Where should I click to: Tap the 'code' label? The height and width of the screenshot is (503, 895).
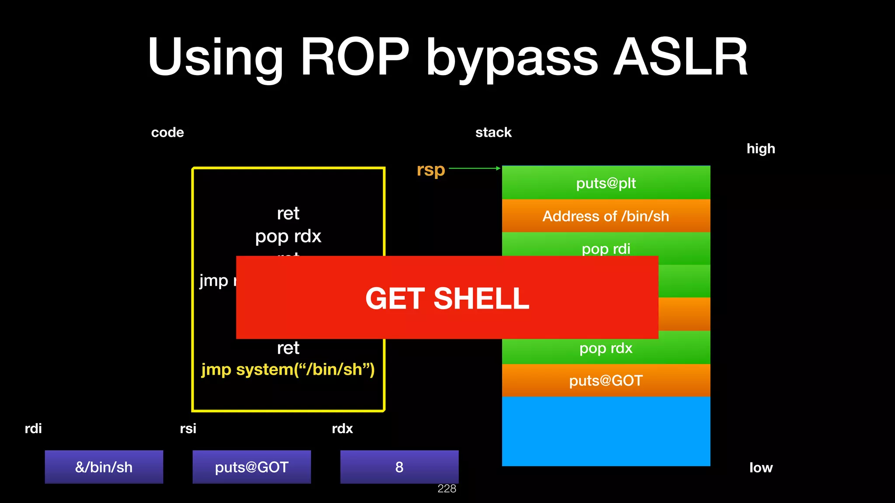click(x=167, y=133)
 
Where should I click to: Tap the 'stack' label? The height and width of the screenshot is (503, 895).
click(x=493, y=133)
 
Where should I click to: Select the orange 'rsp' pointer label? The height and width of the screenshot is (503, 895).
click(x=430, y=170)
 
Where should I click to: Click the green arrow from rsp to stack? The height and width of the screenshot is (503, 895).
click(x=474, y=168)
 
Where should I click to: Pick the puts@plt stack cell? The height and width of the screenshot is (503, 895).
click(x=606, y=183)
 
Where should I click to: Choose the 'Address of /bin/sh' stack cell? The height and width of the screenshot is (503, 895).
click(x=606, y=216)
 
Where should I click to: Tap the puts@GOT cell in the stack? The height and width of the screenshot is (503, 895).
click(x=606, y=381)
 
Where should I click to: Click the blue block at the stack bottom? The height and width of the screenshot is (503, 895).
click(x=606, y=431)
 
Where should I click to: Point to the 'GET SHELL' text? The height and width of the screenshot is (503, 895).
click(x=447, y=299)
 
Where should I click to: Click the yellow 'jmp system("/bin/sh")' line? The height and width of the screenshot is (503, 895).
click(x=288, y=370)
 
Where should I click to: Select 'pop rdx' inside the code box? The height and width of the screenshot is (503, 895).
click(x=288, y=236)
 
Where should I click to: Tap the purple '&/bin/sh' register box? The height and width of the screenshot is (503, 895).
click(x=104, y=467)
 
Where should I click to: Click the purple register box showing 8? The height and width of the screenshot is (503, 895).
click(x=399, y=467)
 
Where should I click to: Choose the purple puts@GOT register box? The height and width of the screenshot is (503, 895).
click(x=252, y=467)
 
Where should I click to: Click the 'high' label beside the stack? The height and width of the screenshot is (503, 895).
click(x=760, y=149)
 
